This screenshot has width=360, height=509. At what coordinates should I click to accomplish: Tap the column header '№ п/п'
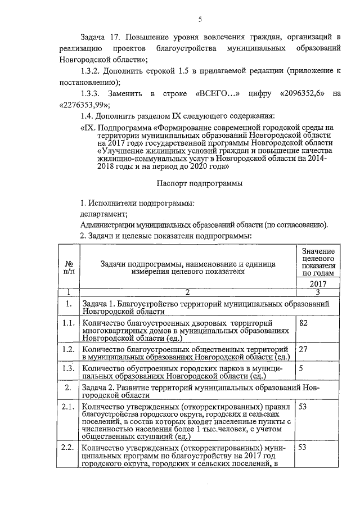point(70,267)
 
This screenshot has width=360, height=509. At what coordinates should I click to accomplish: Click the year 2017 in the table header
point(318,284)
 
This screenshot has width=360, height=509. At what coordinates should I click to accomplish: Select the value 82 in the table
point(304,323)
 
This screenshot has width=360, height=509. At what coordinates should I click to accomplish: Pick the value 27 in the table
point(304,349)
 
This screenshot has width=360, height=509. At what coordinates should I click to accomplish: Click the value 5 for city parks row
point(302,368)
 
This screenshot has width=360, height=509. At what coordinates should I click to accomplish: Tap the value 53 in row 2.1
point(304,407)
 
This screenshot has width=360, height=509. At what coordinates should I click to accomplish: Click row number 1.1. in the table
point(69,323)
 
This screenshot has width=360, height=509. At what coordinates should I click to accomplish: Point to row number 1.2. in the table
point(69,349)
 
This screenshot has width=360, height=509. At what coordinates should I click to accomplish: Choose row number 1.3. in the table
point(69,368)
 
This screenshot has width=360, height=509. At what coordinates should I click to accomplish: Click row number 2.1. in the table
point(69,407)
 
